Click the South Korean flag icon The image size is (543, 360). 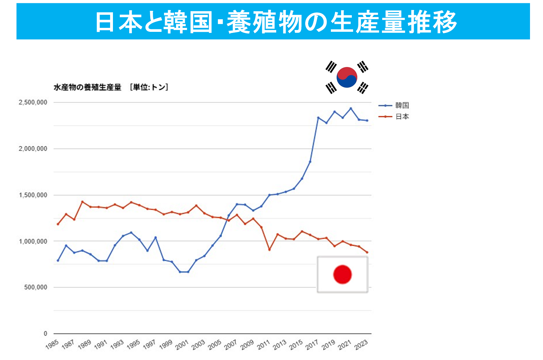click(x=347, y=77)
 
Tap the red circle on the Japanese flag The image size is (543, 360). click(x=342, y=274)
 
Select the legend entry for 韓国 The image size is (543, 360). click(x=402, y=106)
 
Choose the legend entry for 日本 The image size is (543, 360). click(x=402, y=117)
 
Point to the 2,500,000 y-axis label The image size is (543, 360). click(x=33, y=102)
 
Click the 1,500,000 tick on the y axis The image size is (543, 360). click(x=33, y=195)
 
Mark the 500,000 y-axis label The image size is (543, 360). click(x=35, y=287)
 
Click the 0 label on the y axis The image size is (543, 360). click(x=45, y=334)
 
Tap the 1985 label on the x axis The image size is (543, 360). click(x=52, y=345)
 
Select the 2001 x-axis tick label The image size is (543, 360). click(x=182, y=345)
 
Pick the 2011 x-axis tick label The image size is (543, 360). click(x=264, y=345)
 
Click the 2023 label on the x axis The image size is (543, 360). click(x=361, y=345)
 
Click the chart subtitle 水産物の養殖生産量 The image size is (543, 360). click(x=87, y=87)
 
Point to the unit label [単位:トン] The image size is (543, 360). click(x=149, y=87)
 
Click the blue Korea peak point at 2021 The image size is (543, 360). click(x=350, y=108)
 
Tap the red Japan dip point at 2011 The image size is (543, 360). click(x=269, y=250)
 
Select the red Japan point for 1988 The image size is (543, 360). click(x=82, y=202)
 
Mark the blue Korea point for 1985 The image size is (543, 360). click(x=58, y=261)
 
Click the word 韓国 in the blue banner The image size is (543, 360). click(x=188, y=22)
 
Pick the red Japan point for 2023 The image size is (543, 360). click(x=367, y=252)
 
